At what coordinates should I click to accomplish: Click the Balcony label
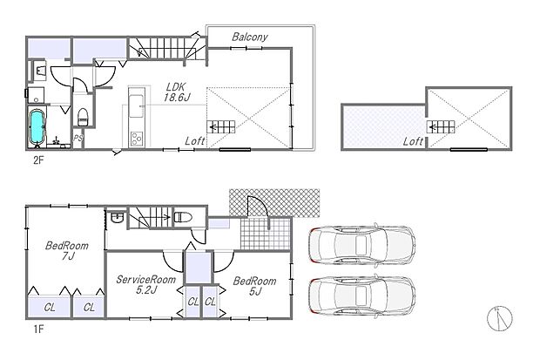click(x=249, y=37)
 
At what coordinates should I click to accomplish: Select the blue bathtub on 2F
click(x=37, y=128)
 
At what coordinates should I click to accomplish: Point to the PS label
click(x=78, y=138)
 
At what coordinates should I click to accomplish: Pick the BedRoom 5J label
click(x=254, y=287)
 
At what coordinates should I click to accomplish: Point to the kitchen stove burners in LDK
click(x=137, y=137)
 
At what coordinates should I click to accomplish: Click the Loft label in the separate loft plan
click(x=415, y=139)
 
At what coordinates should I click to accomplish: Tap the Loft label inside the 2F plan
click(x=196, y=139)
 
